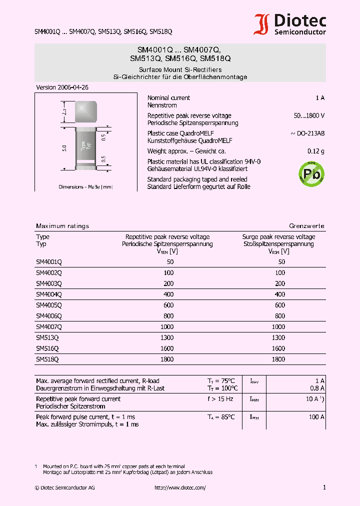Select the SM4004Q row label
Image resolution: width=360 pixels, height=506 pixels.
[49, 294]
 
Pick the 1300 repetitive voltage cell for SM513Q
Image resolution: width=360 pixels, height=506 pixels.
[167, 337]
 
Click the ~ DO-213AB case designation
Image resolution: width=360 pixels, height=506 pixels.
[307, 133]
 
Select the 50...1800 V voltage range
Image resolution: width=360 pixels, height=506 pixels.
[309, 115]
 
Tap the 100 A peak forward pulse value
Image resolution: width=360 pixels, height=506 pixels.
[317, 416]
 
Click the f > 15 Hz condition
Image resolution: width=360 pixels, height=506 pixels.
[220, 399]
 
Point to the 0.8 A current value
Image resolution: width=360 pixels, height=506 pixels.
[317, 388]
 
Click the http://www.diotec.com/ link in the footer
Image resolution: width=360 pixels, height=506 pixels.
[180, 487]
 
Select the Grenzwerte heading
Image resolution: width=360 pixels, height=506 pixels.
[306, 226]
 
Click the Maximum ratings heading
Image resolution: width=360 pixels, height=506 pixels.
[62, 226]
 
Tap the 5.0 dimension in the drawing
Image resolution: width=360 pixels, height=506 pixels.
[64, 148]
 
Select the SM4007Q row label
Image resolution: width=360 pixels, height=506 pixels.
[49, 326]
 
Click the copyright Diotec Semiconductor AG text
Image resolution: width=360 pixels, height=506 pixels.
[64, 487]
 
